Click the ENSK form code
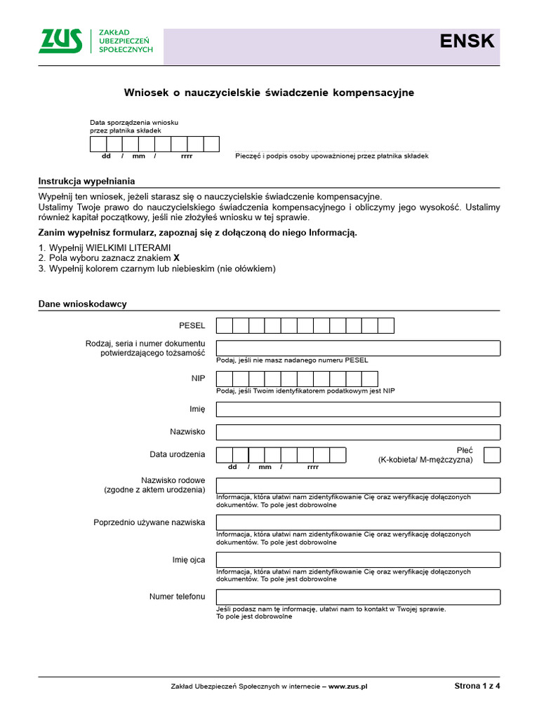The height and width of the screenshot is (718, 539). (x=467, y=41)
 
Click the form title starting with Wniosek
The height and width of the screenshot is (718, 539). (x=269, y=93)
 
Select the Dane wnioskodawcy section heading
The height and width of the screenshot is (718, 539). (x=82, y=304)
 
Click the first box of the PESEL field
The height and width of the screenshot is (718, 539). (x=225, y=325)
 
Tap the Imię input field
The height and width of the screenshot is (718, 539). (x=358, y=409)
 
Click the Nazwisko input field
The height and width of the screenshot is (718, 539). (x=358, y=432)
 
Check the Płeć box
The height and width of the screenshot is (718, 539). (x=493, y=454)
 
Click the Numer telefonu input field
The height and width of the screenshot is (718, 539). (x=358, y=597)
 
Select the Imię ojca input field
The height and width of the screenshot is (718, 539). (x=358, y=560)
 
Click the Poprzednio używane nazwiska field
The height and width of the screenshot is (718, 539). (x=358, y=522)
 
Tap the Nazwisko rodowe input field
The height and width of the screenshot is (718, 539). (x=358, y=485)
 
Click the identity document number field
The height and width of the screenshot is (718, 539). (x=358, y=348)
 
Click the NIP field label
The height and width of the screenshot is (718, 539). (x=198, y=378)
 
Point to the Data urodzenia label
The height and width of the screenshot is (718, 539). (x=177, y=454)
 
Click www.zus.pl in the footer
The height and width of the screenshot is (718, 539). (x=348, y=686)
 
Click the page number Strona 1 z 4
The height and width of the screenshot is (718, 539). (x=477, y=686)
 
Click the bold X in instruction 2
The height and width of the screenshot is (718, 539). (x=176, y=258)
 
